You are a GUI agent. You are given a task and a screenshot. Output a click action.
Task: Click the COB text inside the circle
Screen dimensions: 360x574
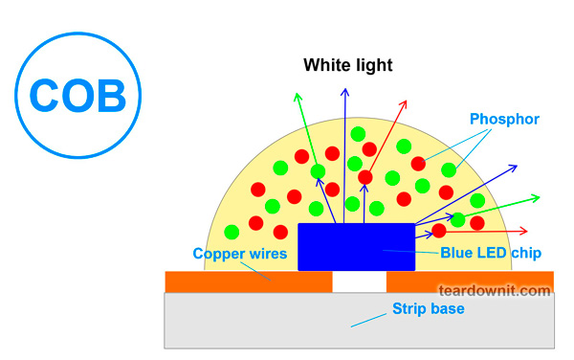(x=78, y=94)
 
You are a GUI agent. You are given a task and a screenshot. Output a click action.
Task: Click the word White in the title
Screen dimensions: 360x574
(x=325, y=66)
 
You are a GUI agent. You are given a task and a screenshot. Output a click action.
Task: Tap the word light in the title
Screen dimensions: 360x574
(x=373, y=66)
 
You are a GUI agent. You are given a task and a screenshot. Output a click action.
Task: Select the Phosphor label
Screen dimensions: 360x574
(x=505, y=120)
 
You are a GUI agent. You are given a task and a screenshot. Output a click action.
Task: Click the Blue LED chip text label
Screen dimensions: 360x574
(x=491, y=254)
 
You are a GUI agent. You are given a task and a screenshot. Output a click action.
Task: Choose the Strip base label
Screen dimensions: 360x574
(x=428, y=308)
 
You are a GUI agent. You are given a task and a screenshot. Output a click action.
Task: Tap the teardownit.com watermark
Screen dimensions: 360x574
(x=495, y=288)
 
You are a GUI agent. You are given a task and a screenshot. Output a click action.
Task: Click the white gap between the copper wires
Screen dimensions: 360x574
(x=359, y=282)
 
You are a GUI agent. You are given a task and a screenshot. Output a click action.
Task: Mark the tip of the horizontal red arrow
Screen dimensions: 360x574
(x=528, y=231)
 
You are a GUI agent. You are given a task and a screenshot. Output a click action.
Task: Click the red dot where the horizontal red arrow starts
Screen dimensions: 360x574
(x=439, y=231)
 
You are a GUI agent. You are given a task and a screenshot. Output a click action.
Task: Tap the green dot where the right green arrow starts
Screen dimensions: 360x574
(x=458, y=219)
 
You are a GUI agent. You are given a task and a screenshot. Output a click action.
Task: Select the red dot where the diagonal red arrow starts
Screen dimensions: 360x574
(x=365, y=177)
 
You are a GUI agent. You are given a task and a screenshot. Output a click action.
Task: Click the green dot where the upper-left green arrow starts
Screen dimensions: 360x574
(x=318, y=171)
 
